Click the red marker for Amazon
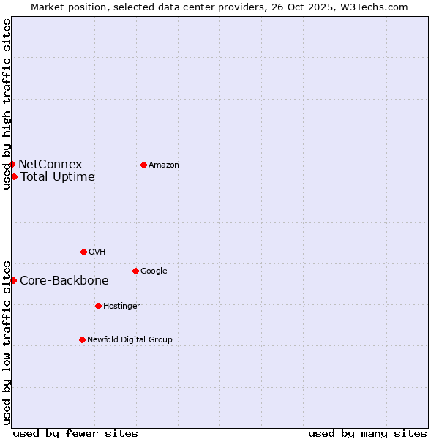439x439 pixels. click(143, 165)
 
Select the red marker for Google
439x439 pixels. click(135, 271)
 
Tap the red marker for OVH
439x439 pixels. click(83, 252)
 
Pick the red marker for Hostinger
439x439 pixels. click(98, 306)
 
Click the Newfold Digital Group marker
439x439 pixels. click(82, 339)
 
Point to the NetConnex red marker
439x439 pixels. click(12, 164)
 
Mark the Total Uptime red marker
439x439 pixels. click(14, 176)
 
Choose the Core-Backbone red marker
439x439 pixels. click(13, 280)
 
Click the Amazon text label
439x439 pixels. click(164, 165)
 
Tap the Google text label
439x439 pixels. click(154, 271)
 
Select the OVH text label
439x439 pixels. click(97, 252)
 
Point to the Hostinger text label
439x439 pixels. click(121, 307)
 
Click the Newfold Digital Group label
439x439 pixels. click(130, 340)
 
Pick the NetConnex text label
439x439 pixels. click(50, 165)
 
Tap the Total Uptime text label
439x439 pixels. click(58, 177)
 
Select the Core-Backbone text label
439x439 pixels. click(64, 281)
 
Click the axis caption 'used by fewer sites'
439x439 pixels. click(75, 433)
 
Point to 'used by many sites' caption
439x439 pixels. click(367, 433)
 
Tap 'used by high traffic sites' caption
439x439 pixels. click(7, 104)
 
